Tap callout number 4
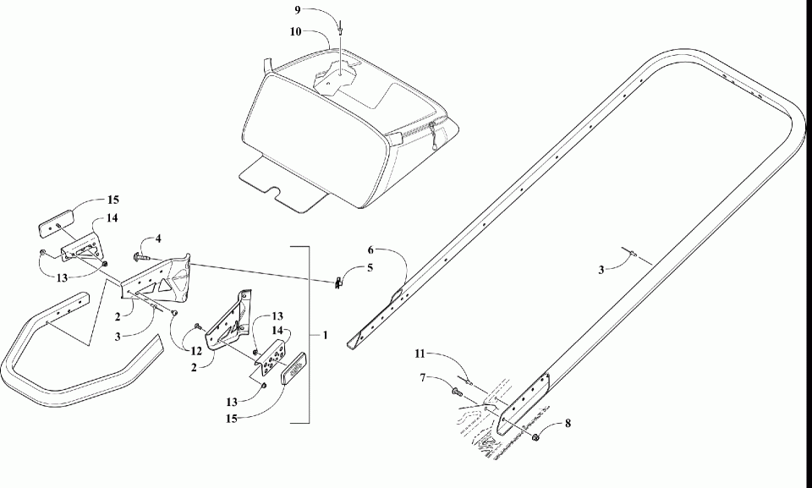point(156,239)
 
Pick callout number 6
point(370,249)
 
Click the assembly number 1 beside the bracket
point(325,335)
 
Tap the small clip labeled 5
point(337,282)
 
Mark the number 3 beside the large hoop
point(601,270)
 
